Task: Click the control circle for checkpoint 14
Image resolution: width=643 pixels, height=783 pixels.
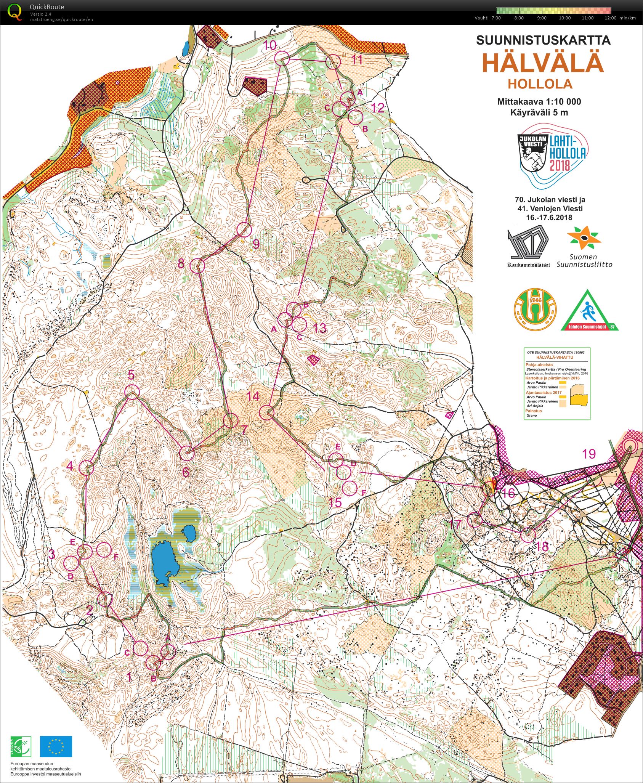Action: point(267,412)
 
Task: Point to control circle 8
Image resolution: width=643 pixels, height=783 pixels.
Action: point(197,265)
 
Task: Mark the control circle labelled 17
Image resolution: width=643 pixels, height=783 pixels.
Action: point(475,520)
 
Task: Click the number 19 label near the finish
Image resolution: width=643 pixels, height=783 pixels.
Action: point(589,454)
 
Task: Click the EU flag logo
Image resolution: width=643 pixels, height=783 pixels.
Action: point(56,746)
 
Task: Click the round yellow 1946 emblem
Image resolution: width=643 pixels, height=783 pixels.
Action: point(535,310)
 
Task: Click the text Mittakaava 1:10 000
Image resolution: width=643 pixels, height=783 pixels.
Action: point(539,102)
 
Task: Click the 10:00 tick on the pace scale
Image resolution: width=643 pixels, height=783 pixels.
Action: point(564,18)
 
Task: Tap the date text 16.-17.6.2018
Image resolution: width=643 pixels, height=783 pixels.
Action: point(543,218)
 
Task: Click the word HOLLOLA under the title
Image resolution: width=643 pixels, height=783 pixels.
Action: point(540,84)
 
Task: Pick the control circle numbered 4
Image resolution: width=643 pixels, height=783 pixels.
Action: point(86,467)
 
